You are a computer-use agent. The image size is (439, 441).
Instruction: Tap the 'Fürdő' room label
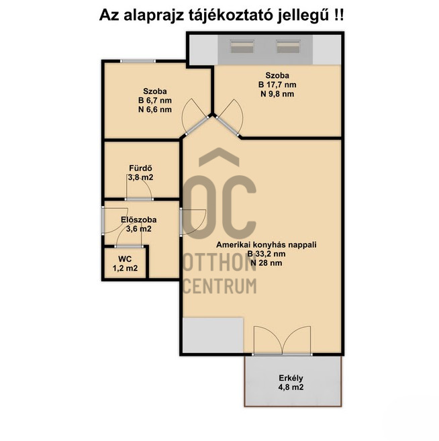pos(140,168)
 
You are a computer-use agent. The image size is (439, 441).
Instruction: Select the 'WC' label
pos(125,258)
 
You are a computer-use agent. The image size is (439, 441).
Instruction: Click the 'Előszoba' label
pos(139,219)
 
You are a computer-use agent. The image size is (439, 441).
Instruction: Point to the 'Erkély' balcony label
pos(291,378)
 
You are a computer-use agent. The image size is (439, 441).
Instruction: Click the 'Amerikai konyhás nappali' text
pos(266,245)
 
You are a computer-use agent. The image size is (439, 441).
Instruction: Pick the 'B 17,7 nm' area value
pos(277,85)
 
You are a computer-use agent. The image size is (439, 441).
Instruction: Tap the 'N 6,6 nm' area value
pos(155,109)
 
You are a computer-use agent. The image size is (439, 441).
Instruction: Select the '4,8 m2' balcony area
pos(291,387)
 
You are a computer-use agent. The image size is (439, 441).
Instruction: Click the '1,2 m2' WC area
pos(125,268)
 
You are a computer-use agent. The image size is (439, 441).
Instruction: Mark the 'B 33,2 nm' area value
pos(266,254)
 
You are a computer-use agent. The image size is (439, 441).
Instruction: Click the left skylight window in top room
pos(242,46)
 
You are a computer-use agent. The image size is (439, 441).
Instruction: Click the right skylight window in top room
pos(288,46)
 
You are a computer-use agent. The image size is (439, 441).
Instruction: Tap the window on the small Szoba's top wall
pos(138,61)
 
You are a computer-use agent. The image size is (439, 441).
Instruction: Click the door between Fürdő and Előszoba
pos(139,187)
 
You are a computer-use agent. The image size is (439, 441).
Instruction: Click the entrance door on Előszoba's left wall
pos(115,220)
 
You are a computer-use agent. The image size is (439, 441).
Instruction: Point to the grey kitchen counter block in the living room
pos(213,335)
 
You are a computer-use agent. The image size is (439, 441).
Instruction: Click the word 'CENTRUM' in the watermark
pos(220,286)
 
